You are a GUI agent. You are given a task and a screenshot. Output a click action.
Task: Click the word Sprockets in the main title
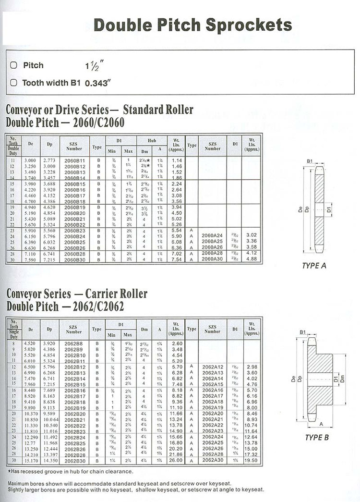click(249, 24)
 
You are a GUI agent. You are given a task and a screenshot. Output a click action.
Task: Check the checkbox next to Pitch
click(13, 65)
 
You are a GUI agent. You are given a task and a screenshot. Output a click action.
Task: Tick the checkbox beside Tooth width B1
click(13, 83)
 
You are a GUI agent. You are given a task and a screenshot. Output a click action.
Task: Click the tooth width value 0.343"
click(97, 83)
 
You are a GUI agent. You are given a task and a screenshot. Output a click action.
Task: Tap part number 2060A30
click(212, 258)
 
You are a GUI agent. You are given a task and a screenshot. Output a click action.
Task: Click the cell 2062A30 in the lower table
click(213, 460)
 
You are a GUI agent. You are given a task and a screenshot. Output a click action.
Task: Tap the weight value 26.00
click(177, 460)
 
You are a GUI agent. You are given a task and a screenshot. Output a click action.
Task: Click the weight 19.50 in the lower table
click(252, 460)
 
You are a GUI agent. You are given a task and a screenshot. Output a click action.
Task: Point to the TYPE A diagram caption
click(314, 265)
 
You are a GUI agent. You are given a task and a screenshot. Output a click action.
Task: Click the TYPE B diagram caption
click(317, 438)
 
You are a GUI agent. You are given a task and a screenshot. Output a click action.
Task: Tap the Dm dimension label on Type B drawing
click(349, 379)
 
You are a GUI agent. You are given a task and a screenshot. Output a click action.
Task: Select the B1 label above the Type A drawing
click(310, 161)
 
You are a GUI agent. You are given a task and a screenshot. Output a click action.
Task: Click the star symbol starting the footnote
click(9, 471)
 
